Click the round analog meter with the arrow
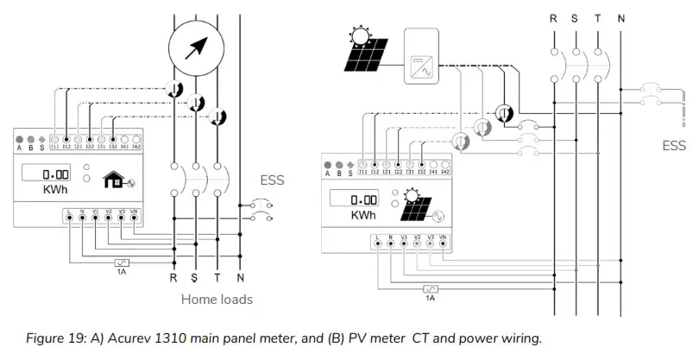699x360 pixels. pos(197,43)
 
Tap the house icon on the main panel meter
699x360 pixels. pos(113,180)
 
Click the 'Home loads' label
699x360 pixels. pos(216,300)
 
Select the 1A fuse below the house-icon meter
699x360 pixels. pos(122,263)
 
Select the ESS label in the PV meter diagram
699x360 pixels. pos(673,147)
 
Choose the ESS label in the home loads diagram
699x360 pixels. pos(272,181)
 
